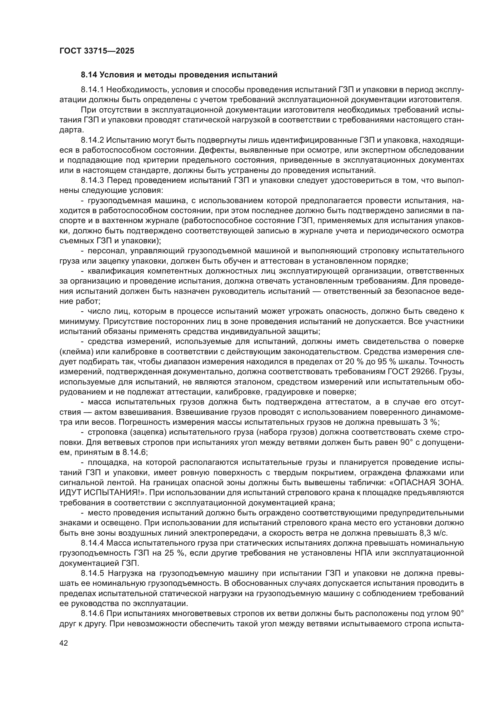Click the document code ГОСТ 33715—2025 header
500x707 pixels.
pyautogui.click(x=97, y=51)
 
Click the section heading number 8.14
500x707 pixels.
pyautogui.click(x=89, y=75)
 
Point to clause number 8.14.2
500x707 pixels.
pyautogui.click(x=92, y=140)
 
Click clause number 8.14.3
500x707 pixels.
pyautogui.click(x=92, y=180)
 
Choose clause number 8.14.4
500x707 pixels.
pyautogui.click(x=92, y=543)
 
